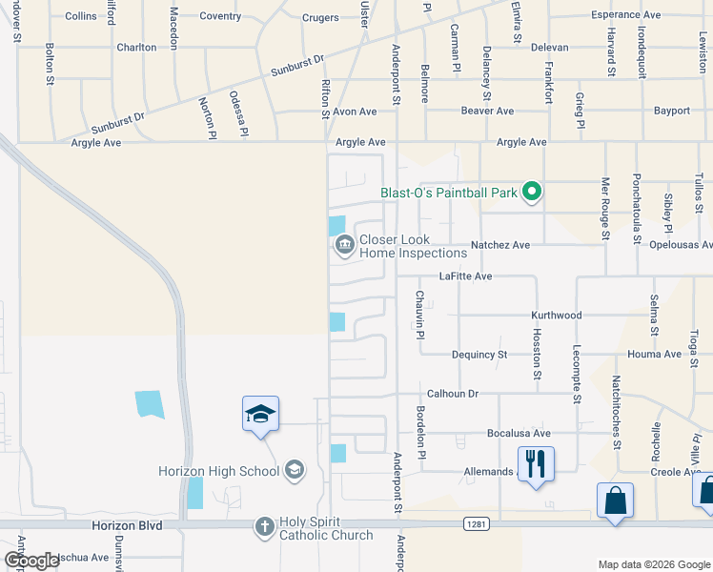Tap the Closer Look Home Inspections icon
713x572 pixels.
[x=344, y=247]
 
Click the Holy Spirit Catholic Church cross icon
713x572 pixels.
[x=265, y=526]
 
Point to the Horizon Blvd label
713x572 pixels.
[x=127, y=525]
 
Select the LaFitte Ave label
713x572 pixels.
[x=465, y=276]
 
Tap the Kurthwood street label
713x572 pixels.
[x=556, y=316]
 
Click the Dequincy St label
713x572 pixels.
[x=479, y=355]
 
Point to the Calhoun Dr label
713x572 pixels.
[x=452, y=393]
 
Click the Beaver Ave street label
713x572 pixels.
[x=487, y=111]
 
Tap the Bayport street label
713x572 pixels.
[x=672, y=111]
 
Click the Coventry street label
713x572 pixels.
[x=220, y=16]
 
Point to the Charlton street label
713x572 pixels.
[x=136, y=47]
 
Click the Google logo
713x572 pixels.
[x=31, y=561]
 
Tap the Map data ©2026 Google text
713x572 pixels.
[x=654, y=564]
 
